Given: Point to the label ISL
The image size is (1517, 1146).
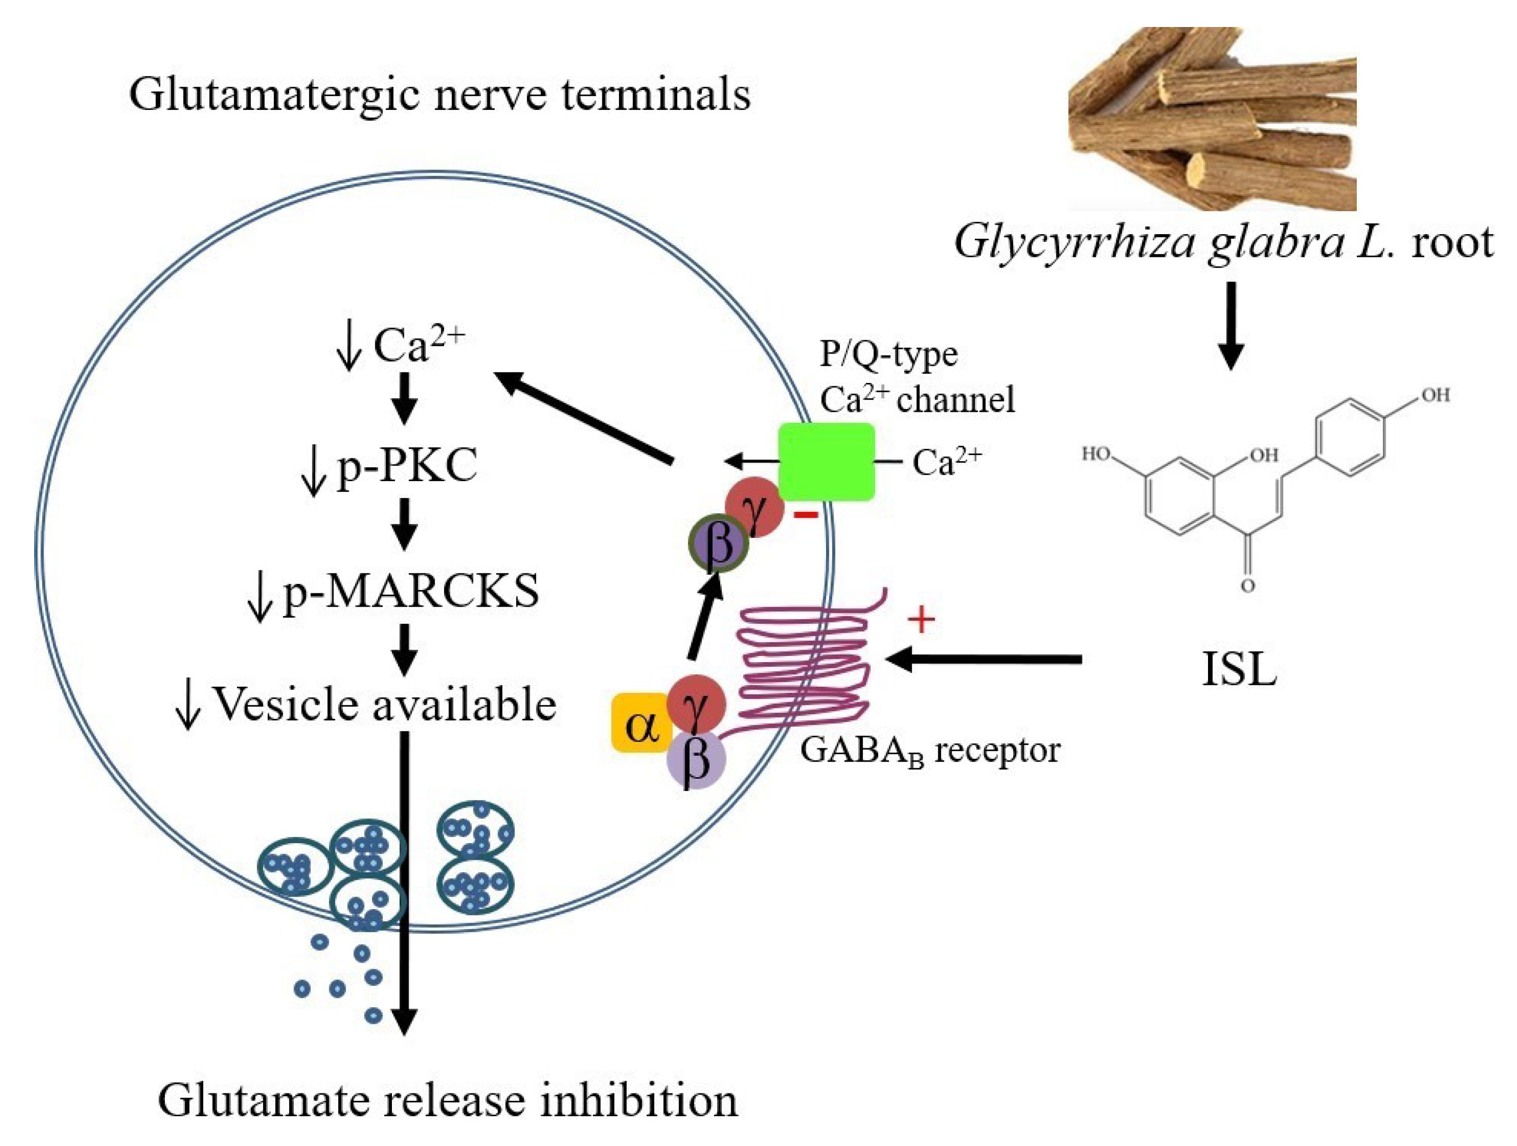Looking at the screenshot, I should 1239,669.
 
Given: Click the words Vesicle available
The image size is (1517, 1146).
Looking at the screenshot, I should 384,704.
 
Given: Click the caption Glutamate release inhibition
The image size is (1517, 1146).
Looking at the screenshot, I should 447,1101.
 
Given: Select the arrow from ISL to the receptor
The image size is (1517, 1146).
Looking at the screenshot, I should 984,659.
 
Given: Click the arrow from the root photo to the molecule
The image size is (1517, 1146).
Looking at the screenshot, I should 1231,326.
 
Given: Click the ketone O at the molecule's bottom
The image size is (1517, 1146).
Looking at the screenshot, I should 1248,586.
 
